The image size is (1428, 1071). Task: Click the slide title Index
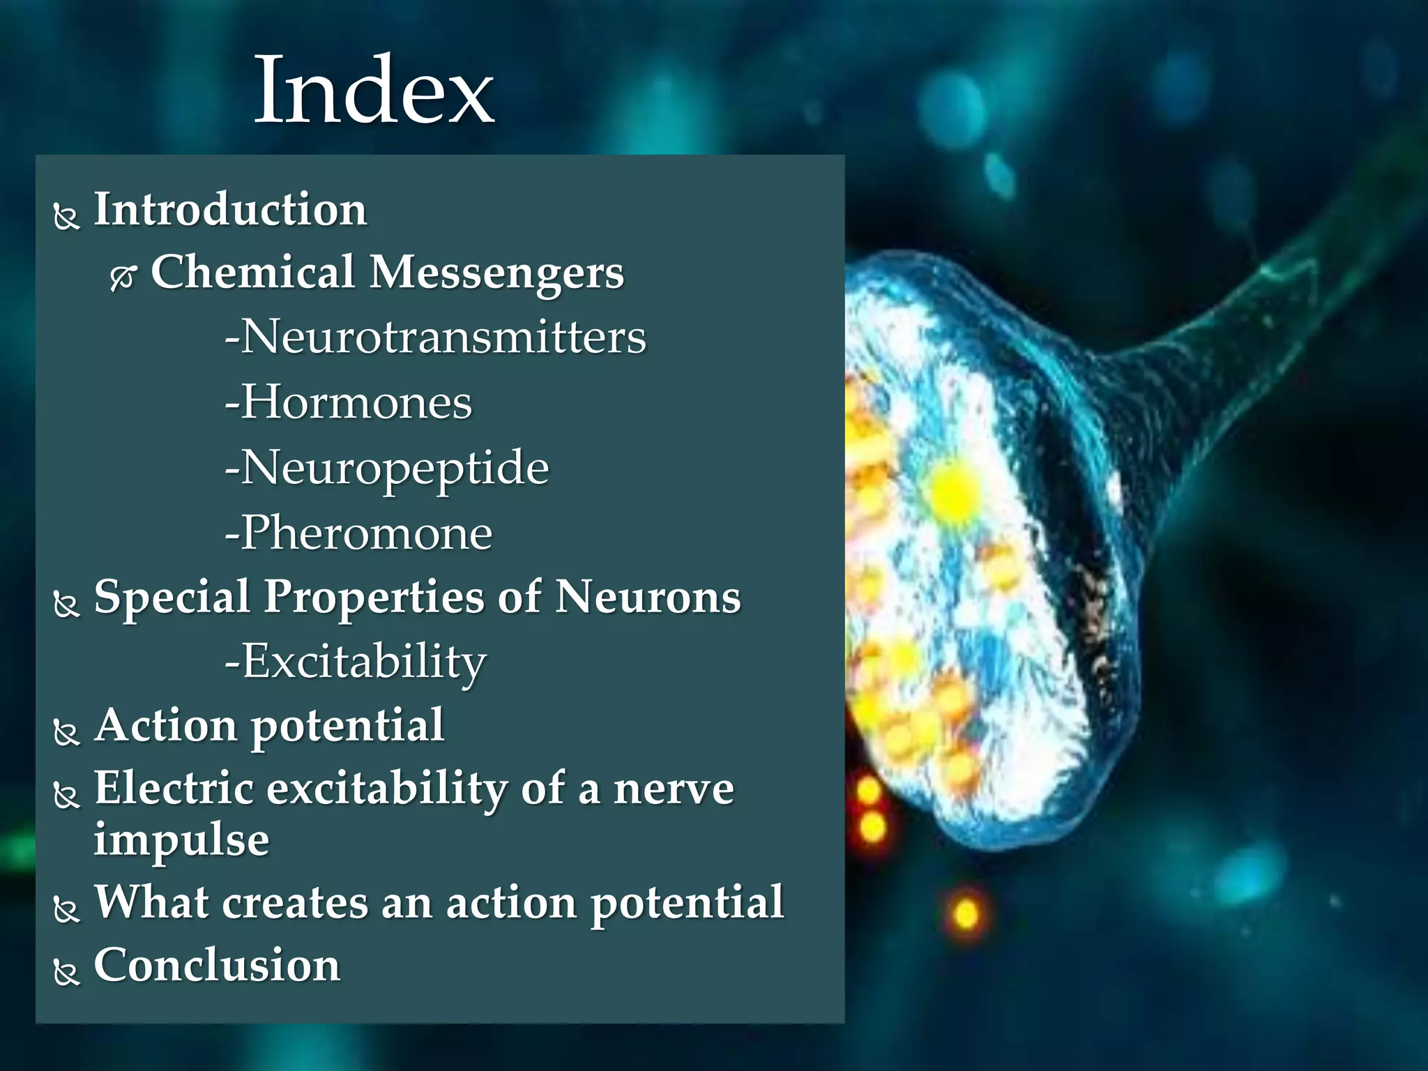(x=374, y=91)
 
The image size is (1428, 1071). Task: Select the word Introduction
(x=230, y=209)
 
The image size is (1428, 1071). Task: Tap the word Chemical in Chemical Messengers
(x=253, y=272)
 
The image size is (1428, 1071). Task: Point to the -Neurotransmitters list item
(x=436, y=337)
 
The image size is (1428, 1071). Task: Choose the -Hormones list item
(x=349, y=402)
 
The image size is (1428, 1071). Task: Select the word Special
(x=172, y=598)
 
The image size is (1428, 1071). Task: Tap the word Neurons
(x=648, y=598)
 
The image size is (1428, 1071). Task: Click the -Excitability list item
(x=356, y=662)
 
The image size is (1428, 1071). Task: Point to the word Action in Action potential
(x=166, y=725)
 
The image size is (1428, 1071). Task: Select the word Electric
(x=174, y=789)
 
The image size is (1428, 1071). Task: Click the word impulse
(x=181, y=840)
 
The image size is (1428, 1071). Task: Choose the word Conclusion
(x=217, y=966)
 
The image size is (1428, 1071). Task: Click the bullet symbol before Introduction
(x=67, y=217)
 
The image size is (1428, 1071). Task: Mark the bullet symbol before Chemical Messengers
(x=123, y=278)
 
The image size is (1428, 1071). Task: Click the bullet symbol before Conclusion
(x=67, y=972)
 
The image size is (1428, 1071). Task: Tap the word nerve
(x=674, y=790)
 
